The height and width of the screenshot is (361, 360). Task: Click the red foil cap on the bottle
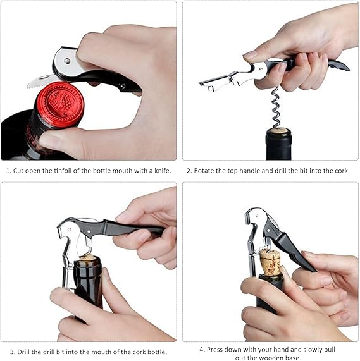click(x=60, y=103)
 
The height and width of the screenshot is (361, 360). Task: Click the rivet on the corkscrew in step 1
click(x=67, y=61)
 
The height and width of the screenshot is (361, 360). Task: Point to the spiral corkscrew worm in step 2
click(x=276, y=107)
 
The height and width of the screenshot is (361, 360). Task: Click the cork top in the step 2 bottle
click(x=278, y=131)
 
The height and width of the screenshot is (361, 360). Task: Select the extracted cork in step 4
click(x=270, y=262)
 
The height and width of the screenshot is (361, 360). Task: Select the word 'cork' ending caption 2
click(x=342, y=171)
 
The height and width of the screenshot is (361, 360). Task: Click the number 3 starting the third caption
click(x=13, y=352)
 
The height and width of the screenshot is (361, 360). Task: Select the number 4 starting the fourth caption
click(x=202, y=350)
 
